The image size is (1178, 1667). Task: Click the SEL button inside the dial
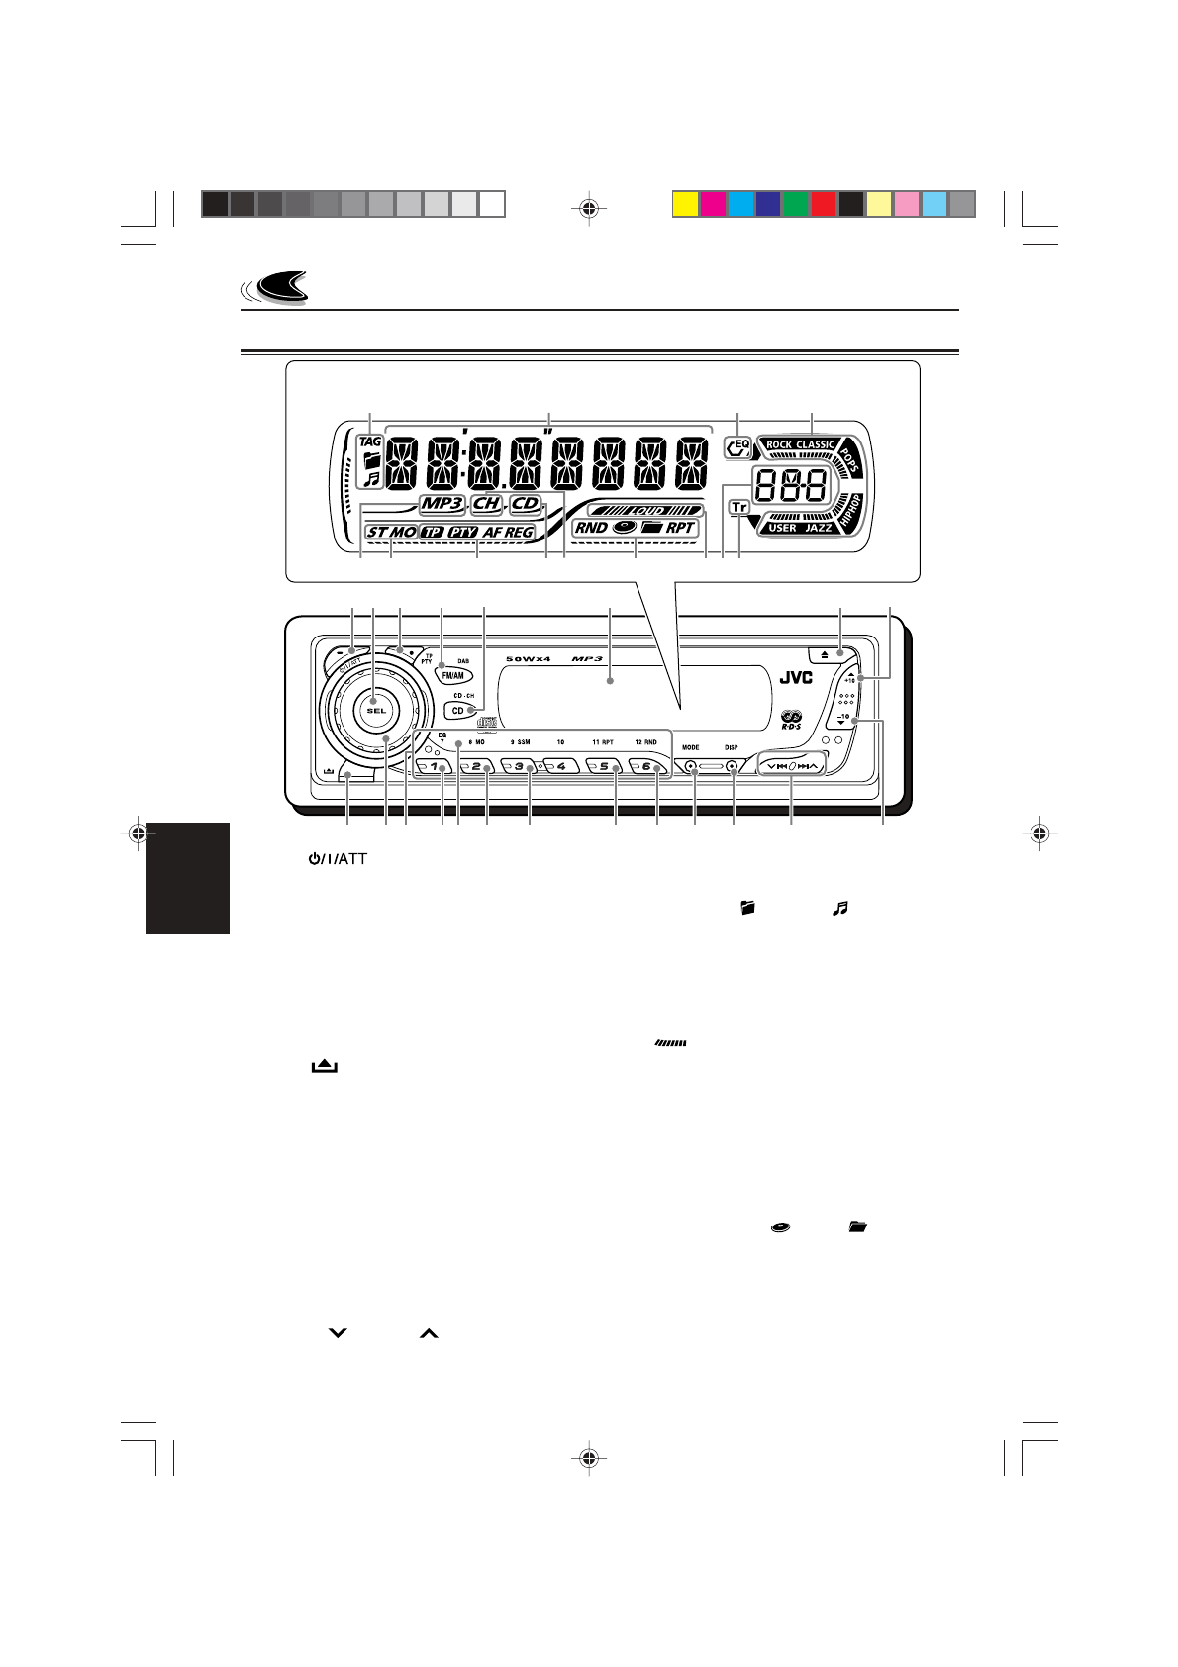click(373, 710)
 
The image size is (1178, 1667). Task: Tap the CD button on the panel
click(458, 710)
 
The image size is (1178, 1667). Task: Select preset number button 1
click(433, 767)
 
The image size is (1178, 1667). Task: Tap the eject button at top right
click(825, 654)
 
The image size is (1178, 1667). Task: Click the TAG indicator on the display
click(370, 441)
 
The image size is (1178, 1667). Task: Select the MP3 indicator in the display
click(442, 504)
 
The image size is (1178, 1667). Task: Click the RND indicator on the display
click(591, 528)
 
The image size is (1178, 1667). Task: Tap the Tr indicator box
click(738, 507)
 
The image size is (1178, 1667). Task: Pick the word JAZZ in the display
click(818, 528)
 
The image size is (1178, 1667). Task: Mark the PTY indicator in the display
click(462, 532)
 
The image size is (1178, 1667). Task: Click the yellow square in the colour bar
click(684, 204)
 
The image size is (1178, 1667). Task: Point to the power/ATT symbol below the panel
click(337, 859)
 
